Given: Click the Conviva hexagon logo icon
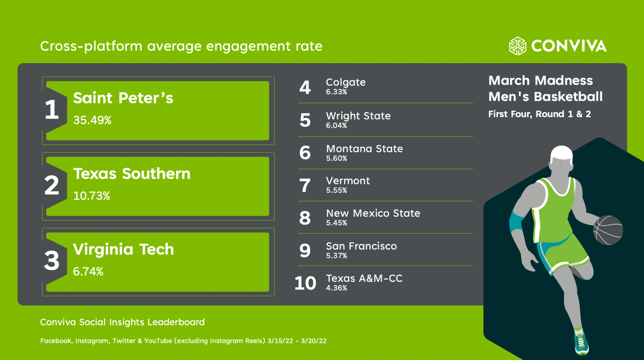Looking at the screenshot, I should (x=517, y=46).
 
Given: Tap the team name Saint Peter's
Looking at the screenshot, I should (x=123, y=98).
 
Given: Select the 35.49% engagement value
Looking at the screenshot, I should (x=92, y=120).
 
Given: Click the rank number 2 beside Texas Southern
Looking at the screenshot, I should (x=52, y=185).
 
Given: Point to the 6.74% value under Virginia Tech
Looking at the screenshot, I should (x=88, y=271).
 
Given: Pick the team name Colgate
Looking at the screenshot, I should (x=346, y=82).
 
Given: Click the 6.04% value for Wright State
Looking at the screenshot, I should (x=336, y=126).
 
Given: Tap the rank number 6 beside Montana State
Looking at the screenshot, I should (x=305, y=153).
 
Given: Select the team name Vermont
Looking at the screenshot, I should (x=348, y=181).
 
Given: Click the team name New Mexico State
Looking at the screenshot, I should (x=373, y=213).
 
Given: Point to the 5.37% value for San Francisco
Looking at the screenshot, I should (x=336, y=256).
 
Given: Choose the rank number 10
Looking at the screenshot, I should (x=305, y=283).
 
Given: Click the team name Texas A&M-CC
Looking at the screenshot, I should (x=364, y=278).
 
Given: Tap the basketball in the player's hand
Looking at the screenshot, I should (x=608, y=230).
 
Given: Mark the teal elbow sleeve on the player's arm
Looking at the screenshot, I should (x=516, y=222).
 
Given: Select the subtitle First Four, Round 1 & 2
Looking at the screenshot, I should (x=539, y=114).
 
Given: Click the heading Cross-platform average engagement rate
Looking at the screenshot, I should (x=181, y=46).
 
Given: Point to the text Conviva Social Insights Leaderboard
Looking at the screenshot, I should (x=122, y=322).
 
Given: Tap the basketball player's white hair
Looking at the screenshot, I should (x=562, y=153).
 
